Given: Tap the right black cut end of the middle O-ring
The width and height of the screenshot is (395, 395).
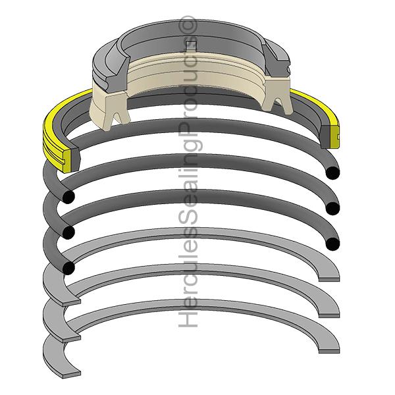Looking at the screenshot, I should pyautogui.click(x=332, y=209).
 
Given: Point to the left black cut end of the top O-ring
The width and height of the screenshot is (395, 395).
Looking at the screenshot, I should pyautogui.click(x=68, y=197).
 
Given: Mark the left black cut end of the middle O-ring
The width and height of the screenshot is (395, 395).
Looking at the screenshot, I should pyautogui.click(x=67, y=232).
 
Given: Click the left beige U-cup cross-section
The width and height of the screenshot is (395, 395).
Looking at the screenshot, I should pyautogui.click(x=115, y=105).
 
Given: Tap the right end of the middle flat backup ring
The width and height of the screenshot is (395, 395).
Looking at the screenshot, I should pyautogui.click(x=329, y=311).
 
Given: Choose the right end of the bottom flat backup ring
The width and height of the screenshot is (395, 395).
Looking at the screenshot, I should pyautogui.click(x=329, y=347).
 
